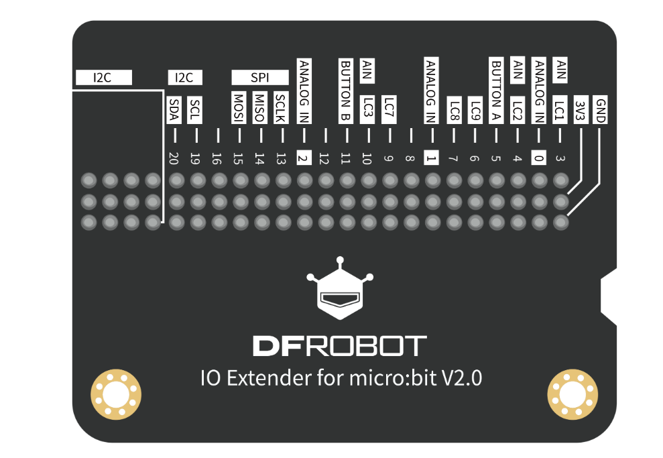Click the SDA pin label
pyautogui.click(x=174, y=110)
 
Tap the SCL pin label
pyautogui.click(x=195, y=110)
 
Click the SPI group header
pyautogui.click(x=259, y=78)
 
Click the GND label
pyautogui.click(x=601, y=110)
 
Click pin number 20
pyautogui.click(x=174, y=158)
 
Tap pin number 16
pyautogui.click(x=217, y=158)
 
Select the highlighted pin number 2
pyautogui.click(x=303, y=158)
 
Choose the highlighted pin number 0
pyautogui.click(x=538, y=158)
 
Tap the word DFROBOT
pyautogui.click(x=339, y=346)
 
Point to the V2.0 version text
pyautogui.click(x=461, y=378)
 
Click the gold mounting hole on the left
pyautogui.click(x=115, y=392)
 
